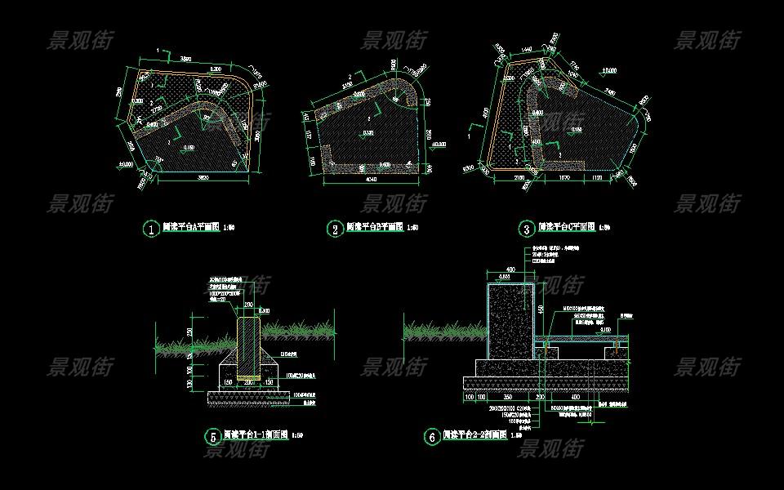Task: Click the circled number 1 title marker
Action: click(150, 229)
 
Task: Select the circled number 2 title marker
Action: click(335, 229)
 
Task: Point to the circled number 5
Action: click(211, 437)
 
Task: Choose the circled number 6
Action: click(431, 437)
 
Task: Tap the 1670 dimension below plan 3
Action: click(563, 176)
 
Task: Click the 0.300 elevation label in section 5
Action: click(264, 311)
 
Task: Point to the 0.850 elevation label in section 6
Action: click(506, 278)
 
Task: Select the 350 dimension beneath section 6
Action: click(508, 397)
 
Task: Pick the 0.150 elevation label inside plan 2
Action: click(369, 132)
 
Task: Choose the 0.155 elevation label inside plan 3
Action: click(577, 129)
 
